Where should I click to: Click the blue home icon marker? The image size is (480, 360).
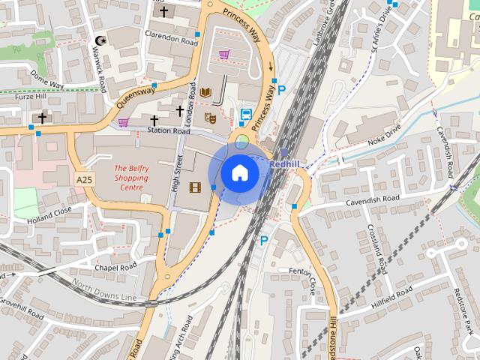(x=239, y=172)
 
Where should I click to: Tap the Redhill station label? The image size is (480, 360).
(x=284, y=163)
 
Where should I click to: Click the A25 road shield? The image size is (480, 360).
(x=84, y=180)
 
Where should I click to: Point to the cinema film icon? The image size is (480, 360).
(x=196, y=187)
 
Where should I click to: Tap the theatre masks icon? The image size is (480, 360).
(x=211, y=118)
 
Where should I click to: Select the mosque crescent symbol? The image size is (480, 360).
(x=100, y=40)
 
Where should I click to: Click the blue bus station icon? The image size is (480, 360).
(x=245, y=116)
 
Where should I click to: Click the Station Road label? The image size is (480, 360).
(x=168, y=131)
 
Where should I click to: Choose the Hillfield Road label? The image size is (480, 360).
(x=391, y=298)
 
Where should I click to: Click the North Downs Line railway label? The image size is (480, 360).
(x=104, y=292)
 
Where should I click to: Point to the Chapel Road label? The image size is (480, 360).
(x=115, y=266)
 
